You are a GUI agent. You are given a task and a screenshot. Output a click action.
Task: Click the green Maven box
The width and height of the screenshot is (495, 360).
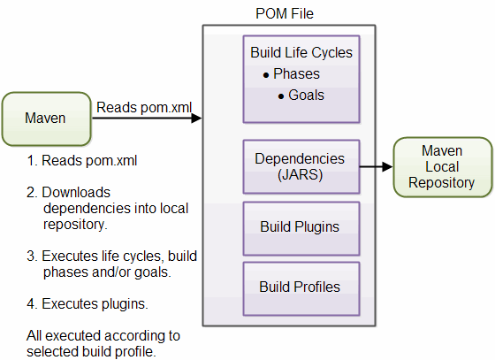click(46, 119)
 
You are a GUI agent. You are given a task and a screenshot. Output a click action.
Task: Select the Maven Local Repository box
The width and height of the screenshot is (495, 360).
click(443, 167)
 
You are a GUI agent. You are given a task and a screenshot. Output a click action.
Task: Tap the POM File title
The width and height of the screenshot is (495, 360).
click(285, 13)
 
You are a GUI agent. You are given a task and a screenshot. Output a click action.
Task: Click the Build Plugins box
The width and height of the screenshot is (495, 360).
click(301, 228)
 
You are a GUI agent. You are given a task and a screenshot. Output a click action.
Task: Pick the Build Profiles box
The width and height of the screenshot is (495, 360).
click(301, 288)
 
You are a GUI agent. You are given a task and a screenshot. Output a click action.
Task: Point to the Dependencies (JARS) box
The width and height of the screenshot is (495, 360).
click(301, 167)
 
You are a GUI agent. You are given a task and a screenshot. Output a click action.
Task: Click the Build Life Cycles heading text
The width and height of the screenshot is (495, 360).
click(301, 52)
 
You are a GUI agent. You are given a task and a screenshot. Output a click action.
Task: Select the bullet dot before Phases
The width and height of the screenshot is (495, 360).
click(266, 75)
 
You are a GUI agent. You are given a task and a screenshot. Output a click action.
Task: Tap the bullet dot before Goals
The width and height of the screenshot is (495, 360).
click(281, 96)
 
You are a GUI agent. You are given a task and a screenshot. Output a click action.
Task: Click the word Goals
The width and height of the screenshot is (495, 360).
click(306, 95)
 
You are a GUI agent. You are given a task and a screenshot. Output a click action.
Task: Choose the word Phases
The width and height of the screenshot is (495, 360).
click(296, 73)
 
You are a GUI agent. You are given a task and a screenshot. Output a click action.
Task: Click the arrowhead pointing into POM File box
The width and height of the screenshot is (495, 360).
click(196, 119)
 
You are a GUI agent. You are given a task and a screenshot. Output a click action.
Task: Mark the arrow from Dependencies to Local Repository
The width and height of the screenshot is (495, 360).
click(377, 166)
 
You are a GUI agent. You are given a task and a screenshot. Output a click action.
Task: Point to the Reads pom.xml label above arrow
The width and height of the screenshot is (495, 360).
click(144, 107)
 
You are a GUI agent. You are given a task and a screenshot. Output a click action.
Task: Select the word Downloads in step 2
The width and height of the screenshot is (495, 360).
click(76, 192)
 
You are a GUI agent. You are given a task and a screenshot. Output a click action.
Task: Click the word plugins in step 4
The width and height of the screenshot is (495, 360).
click(125, 304)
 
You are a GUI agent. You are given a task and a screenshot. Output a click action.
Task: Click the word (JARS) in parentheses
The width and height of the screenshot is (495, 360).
click(301, 175)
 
